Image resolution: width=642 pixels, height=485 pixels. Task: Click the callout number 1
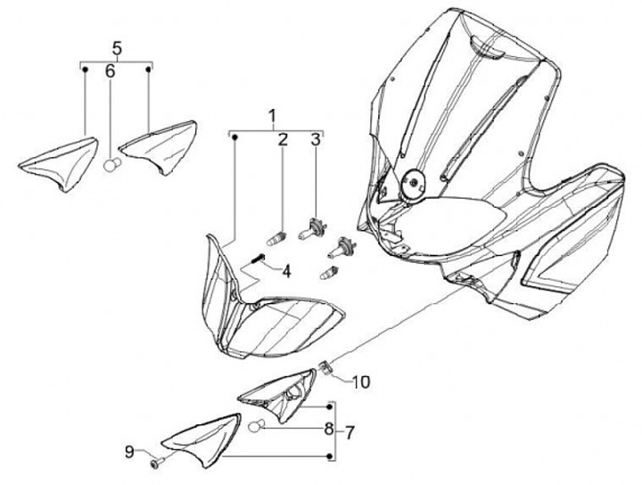(273, 116)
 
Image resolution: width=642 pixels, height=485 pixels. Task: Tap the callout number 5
(117, 47)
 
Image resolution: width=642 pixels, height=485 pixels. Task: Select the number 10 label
(359, 383)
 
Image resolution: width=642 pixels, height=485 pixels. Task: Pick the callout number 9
(129, 452)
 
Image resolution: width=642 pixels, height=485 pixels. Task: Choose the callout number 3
(315, 139)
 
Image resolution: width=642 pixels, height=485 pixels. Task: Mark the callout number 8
(329, 430)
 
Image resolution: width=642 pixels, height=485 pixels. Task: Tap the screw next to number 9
(157, 462)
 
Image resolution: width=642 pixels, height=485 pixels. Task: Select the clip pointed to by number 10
(327, 366)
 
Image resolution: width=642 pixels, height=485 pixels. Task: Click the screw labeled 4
(258, 259)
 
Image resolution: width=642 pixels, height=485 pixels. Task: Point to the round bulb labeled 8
(254, 425)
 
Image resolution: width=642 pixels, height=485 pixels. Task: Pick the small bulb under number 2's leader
(276, 239)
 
